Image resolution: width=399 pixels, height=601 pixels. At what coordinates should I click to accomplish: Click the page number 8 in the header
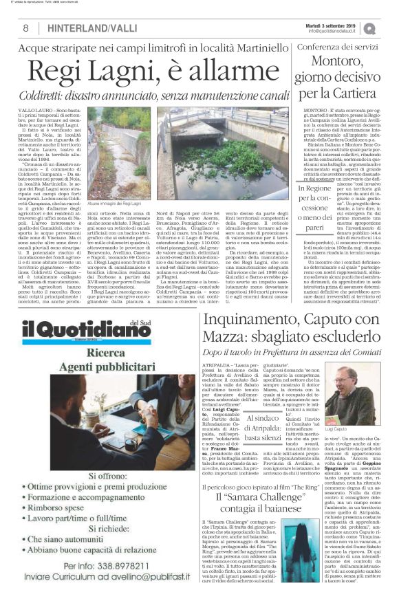[x=25, y=28]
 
